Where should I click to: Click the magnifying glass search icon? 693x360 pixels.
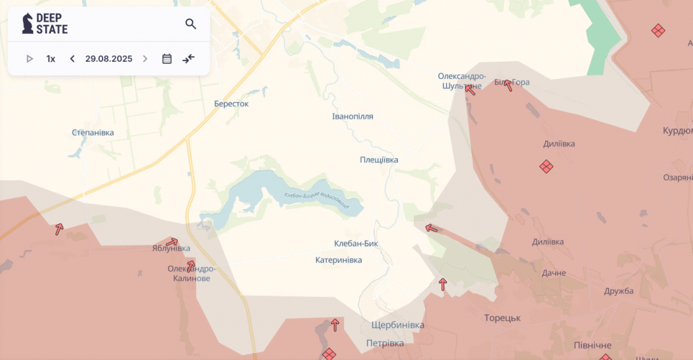190,24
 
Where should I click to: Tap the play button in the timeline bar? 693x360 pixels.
29,59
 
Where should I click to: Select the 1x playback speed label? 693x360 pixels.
51,59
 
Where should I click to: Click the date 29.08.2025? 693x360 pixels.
109,59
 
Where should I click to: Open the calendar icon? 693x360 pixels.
167,59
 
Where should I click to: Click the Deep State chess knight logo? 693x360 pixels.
27,24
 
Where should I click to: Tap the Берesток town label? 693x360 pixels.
231,103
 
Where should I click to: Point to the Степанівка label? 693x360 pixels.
93,133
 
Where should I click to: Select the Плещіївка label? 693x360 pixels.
379,160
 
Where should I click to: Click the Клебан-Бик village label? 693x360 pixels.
356,243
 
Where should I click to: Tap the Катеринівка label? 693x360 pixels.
338,260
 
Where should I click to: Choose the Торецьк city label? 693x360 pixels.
503,317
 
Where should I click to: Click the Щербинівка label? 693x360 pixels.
397,325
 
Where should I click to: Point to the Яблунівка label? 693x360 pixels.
171,248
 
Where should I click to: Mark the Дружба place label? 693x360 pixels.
619,291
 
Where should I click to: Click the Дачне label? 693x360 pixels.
554,273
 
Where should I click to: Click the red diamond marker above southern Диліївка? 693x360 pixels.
546,166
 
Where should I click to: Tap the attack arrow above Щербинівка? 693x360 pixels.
335,325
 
